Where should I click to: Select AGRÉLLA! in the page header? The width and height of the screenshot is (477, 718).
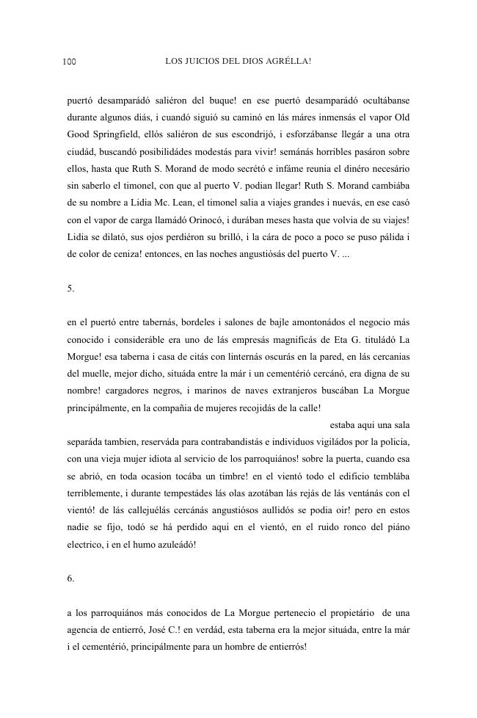click(x=291, y=60)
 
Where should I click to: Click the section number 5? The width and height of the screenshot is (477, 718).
click(x=70, y=288)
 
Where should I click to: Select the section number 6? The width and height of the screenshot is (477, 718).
click(x=70, y=578)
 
